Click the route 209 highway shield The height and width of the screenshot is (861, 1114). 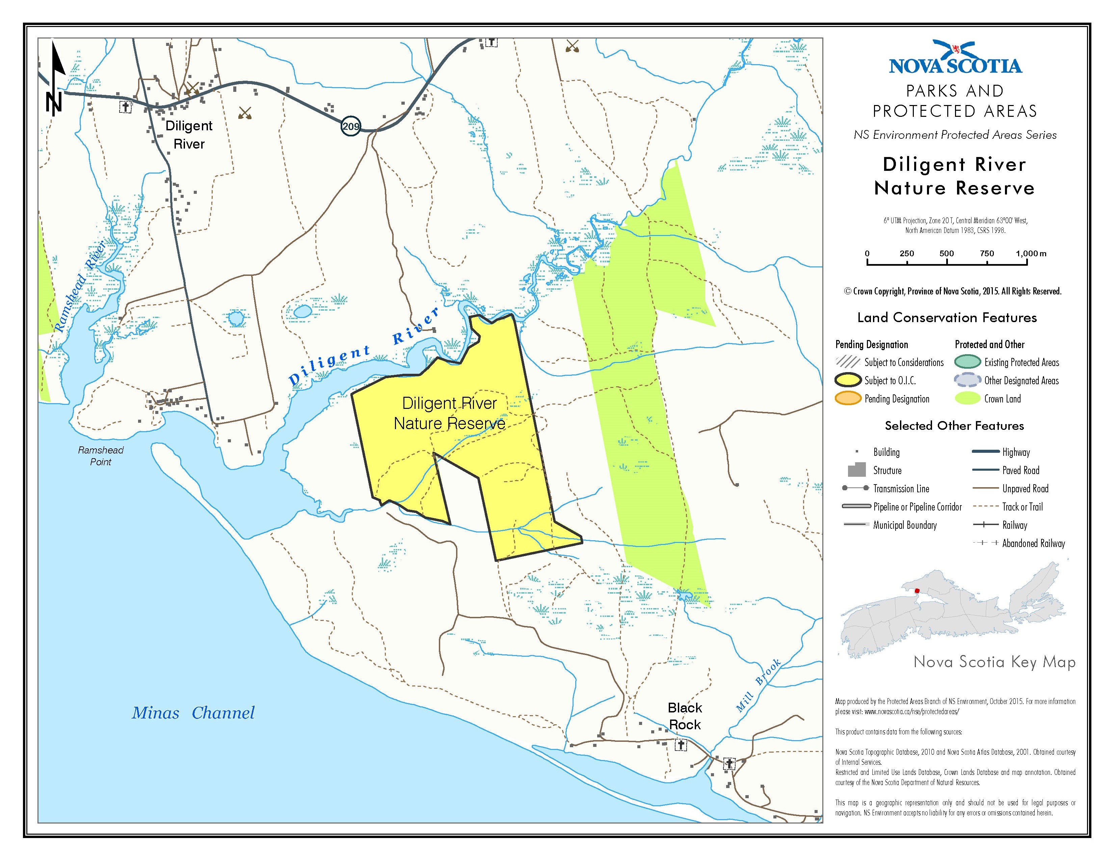click(x=351, y=126)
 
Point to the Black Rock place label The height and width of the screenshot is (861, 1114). click(x=685, y=716)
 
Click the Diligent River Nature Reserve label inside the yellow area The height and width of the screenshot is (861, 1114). click(x=449, y=413)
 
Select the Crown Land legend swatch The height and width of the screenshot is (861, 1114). click(x=967, y=399)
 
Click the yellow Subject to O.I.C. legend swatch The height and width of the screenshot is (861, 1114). click(x=848, y=381)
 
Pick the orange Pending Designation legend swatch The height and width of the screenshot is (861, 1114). click(x=848, y=399)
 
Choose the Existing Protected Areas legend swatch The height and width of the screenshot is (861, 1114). click(x=967, y=362)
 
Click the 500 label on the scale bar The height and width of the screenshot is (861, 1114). click(x=946, y=254)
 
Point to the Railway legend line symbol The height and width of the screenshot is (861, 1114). click(x=985, y=525)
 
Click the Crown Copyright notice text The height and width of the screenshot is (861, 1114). click(x=953, y=291)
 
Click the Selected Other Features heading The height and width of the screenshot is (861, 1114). click(x=954, y=425)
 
